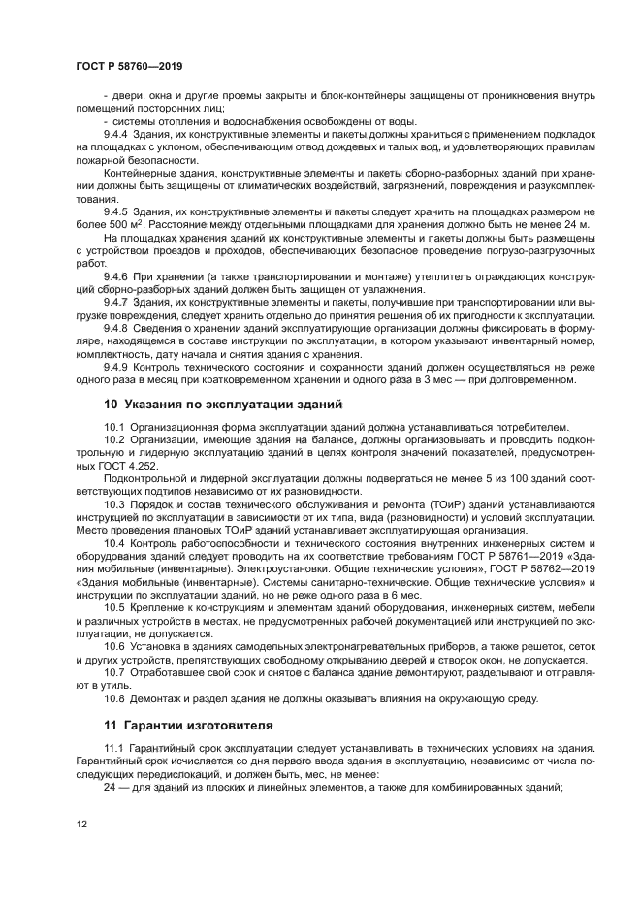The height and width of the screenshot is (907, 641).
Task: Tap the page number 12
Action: pos(81,824)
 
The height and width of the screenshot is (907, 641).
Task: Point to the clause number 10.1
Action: pos(113,428)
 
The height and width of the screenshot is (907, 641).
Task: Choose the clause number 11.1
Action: pos(113,747)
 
